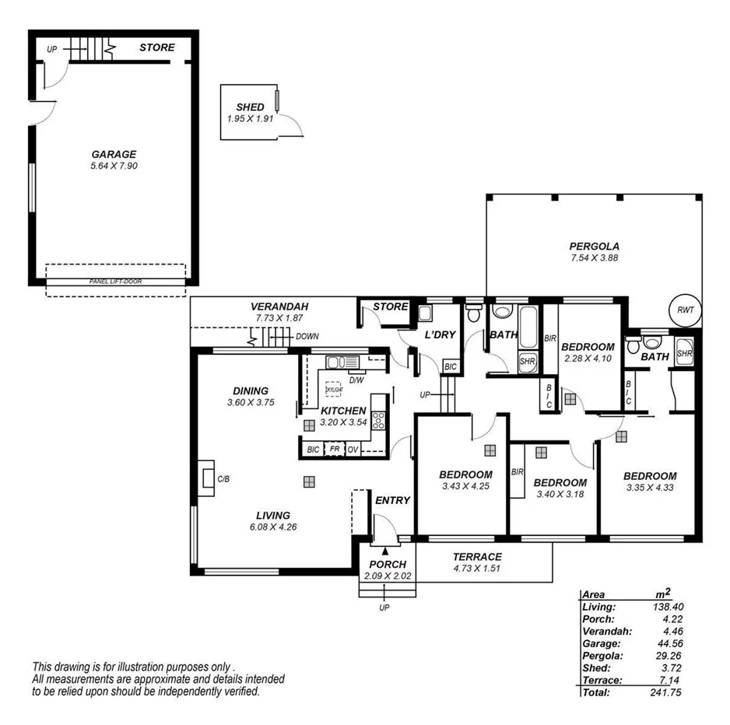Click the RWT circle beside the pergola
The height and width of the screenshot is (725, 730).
tap(685, 310)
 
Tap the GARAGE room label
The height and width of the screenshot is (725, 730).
tap(114, 154)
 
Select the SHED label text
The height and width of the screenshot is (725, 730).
tap(251, 107)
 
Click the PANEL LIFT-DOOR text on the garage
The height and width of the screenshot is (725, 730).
tap(116, 282)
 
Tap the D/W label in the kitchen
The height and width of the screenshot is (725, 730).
tap(356, 380)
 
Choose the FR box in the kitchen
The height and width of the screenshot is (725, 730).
tap(334, 450)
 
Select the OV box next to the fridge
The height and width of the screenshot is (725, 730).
tap(353, 450)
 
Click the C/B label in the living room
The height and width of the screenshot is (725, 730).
tap(223, 478)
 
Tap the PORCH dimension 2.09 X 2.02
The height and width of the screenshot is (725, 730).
tap(387, 576)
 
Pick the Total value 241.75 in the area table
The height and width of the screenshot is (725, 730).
tap(666, 692)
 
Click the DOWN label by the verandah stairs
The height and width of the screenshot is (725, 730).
tap(307, 337)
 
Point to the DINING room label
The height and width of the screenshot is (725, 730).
tap(251, 391)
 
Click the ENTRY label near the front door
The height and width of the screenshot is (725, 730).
tap(392, 500)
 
